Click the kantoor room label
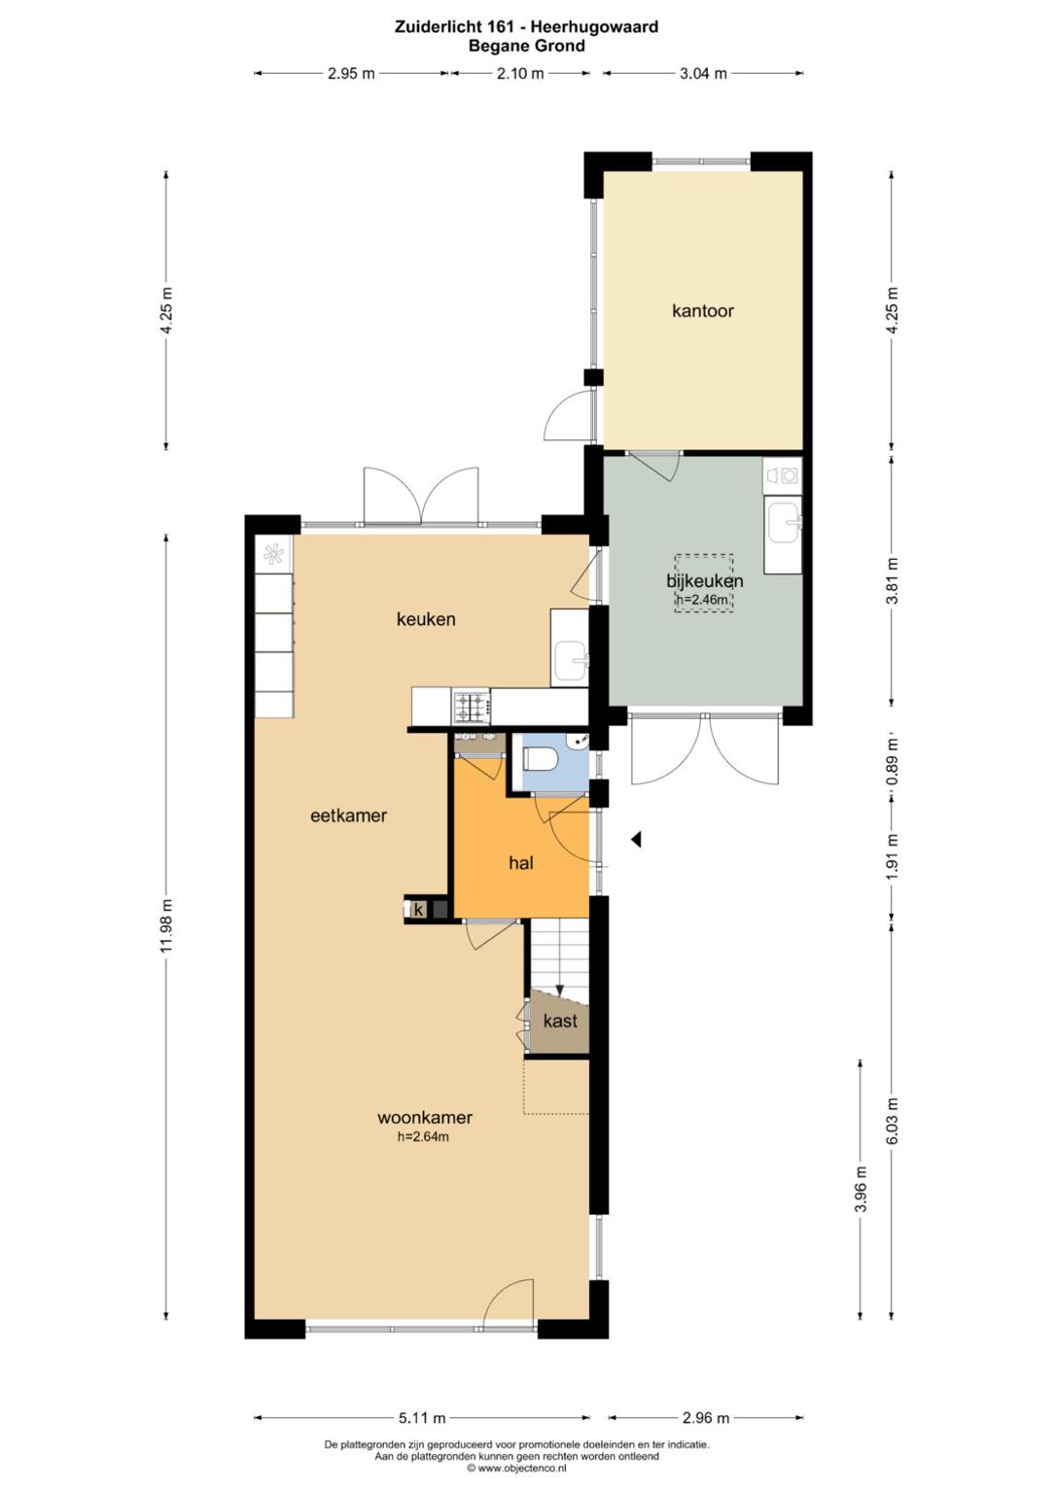coord(703,311)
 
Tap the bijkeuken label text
coord(705,580)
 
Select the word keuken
coord(426,619)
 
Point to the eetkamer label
coord(349,816)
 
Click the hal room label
coord(520,863)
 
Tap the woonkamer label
coord(425,1117)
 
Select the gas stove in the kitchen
coord(472,708)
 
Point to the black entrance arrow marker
coord(637,840)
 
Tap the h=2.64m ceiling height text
coord(423,1136)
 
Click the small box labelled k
coord(419,909)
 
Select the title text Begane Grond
coord(527,46)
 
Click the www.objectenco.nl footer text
coord(516,1468)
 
